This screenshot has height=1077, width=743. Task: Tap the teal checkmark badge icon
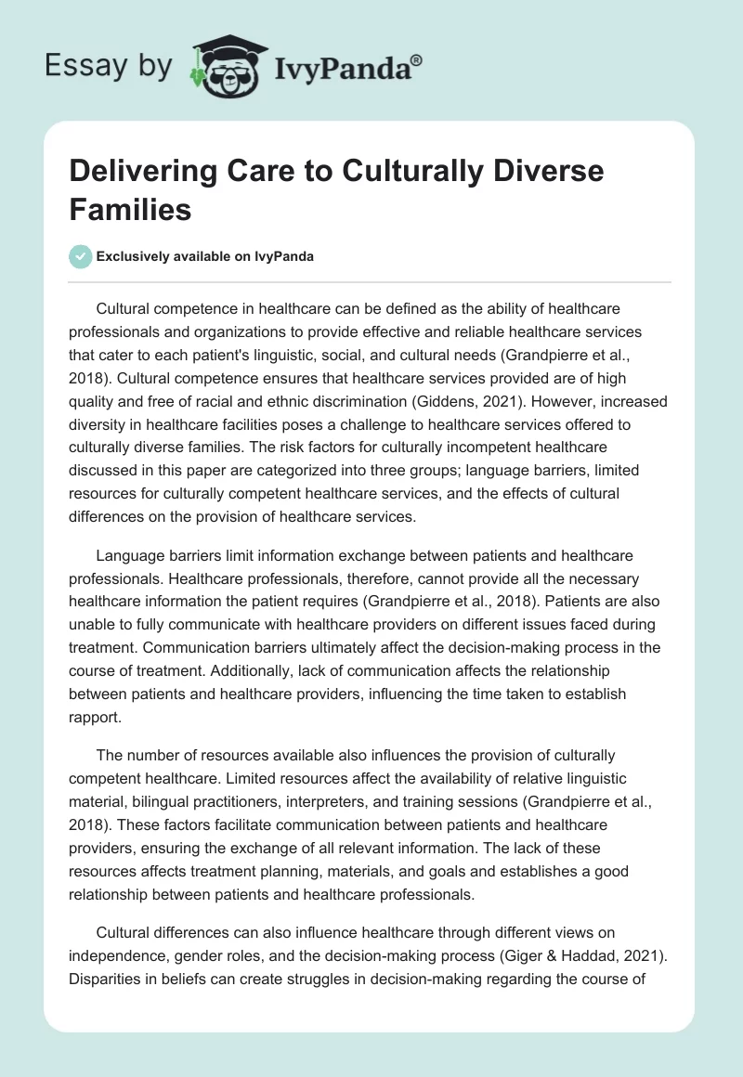coord(81,256)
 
